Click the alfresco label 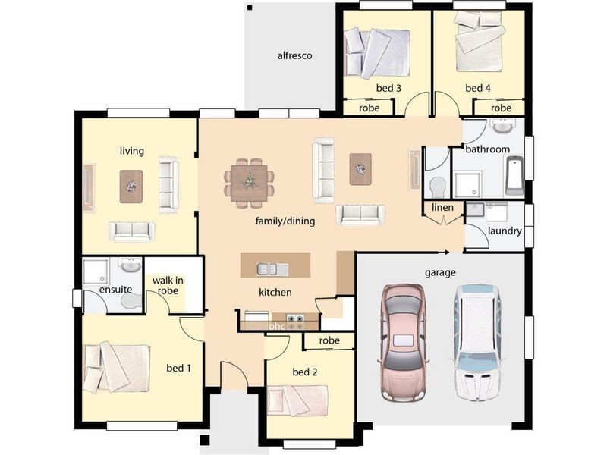[x=294, y=55]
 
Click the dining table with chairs [x=248, y=182]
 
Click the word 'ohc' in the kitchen [x=277, y=326]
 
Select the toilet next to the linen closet [x=437, y=186]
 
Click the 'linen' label [x=442, y=208]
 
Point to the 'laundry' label [x=505, y=231]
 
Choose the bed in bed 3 [x=377, y=53]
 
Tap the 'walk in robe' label [x=168, y=286]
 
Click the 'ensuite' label [x=115, y=290]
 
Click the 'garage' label [x=440, y=272]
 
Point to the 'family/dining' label [x=285, y=221]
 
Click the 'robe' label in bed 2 [x=329, y=341]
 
